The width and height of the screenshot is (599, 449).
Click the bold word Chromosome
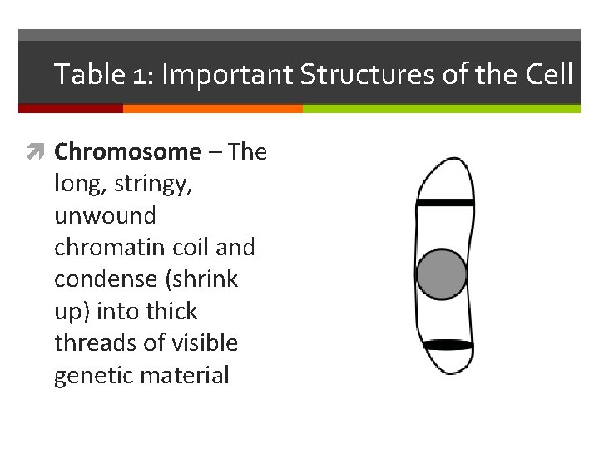point(127,152)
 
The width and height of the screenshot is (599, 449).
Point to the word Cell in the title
point(549,75)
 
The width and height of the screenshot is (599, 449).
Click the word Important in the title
point(227,75)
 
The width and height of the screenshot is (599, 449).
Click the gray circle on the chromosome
point(441,274)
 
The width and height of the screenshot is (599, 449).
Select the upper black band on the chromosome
point(445,202)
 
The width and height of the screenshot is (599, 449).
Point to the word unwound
point(105,216)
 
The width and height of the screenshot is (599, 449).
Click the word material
point(185,375)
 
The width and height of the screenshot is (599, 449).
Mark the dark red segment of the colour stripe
point(70,108)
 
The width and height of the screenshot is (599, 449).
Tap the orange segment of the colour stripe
point(212,108)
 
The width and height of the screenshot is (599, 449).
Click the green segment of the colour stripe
point(441,108)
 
